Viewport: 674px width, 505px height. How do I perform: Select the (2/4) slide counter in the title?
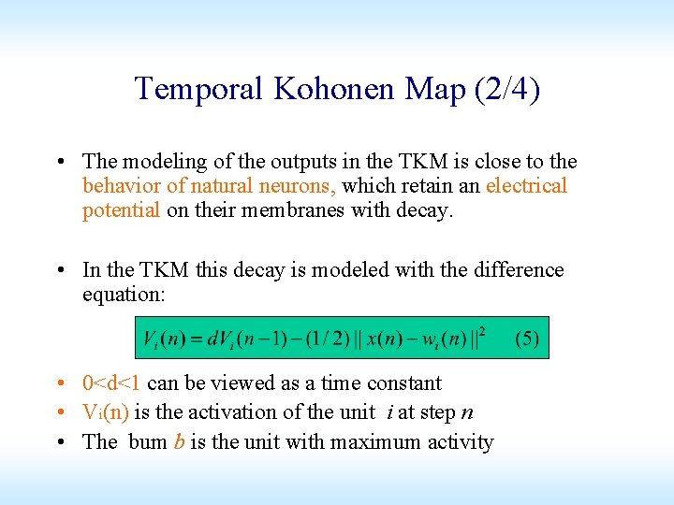click(507, 89)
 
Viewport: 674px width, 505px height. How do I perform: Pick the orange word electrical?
click(526, 186)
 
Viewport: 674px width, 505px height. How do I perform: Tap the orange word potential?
click(121, 210)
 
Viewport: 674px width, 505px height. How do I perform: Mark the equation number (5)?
click(527, 339)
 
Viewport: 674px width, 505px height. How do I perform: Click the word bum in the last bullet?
click(148, 442)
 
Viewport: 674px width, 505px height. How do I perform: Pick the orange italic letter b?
click(179, 442)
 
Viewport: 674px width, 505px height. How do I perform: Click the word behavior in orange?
click(120, 186)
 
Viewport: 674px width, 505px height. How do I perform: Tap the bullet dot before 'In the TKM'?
click(61, 271)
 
